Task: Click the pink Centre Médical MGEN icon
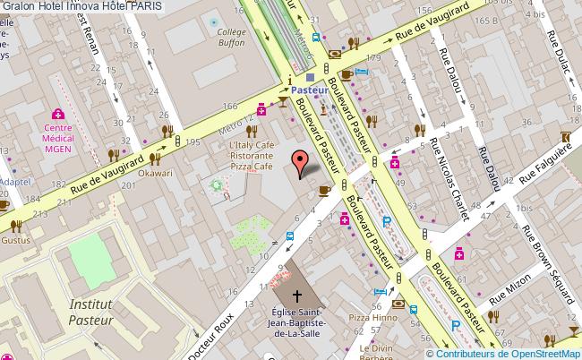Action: (x=58, y=114)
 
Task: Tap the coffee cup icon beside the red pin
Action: (x=324, y=189)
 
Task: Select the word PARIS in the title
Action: (x=150, y=6)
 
